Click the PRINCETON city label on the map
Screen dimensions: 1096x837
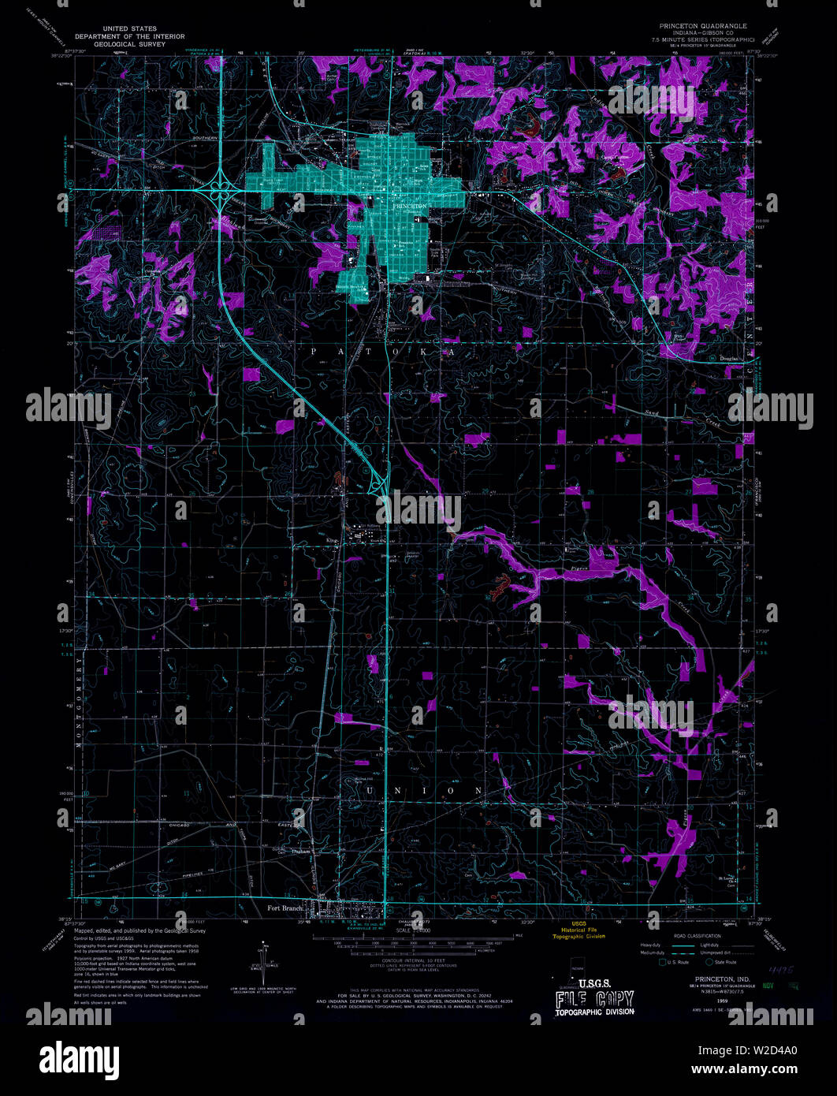(410, 205)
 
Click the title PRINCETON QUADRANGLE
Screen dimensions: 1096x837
(692, 25)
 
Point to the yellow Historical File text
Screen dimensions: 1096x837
(578, 929)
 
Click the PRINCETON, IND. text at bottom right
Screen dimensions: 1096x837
(712, 979)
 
